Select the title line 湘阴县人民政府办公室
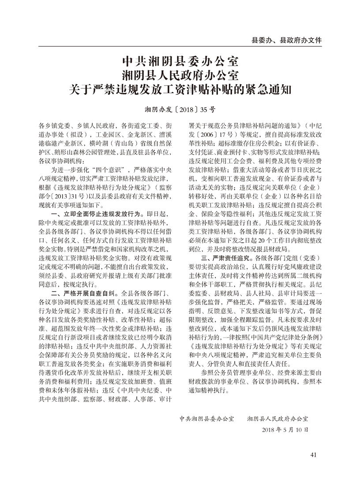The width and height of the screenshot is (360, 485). [x=180, y=75]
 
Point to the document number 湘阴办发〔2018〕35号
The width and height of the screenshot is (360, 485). [x=180, y=108]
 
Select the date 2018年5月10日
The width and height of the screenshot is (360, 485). [x=285, y=429]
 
